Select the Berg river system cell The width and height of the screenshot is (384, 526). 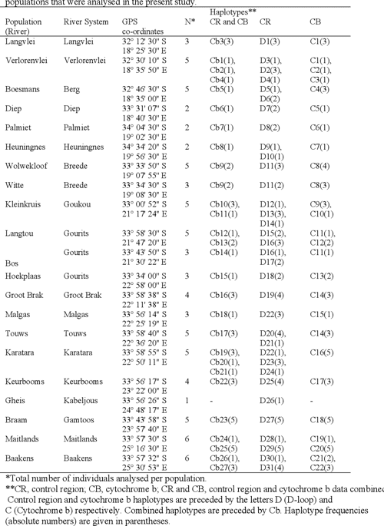[x=71, y=90]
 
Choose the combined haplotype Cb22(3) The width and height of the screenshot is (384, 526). [x=223, y=381]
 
